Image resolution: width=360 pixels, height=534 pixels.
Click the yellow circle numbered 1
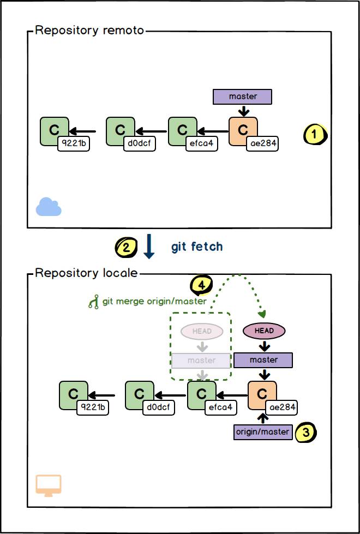click(x=314, y=134)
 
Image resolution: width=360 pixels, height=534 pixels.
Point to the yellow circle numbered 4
click(x=201, y=285)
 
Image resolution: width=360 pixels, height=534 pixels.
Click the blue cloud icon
click(x=49, y=207)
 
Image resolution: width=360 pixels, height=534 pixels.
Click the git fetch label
click(x=197, y=247)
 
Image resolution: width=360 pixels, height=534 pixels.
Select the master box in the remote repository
click(x=243, y=97)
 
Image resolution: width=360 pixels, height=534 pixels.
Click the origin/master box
click(x=263, y=432)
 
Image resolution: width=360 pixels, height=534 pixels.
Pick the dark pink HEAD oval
click(x=264, y=331)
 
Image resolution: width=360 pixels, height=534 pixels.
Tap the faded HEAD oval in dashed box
click(x=202, y=331)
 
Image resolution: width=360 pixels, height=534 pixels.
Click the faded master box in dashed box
click(x=202, y=361)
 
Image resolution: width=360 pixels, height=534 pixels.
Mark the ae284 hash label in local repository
click(x=282, y=407)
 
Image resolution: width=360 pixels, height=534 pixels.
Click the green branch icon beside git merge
click(x=93, y=302)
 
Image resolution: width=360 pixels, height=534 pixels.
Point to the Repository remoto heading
click(x=89, y=31)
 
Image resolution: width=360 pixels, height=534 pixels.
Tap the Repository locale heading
click(x=86, y=272)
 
